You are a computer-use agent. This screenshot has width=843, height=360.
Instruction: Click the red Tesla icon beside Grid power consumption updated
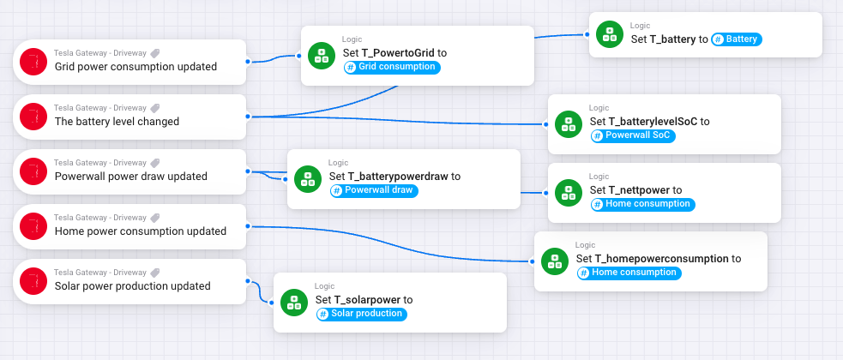click(33, 61)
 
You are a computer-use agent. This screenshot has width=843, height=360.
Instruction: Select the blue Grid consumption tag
click(392, 67)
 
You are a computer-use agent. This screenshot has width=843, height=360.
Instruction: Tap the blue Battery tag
click(737, 39)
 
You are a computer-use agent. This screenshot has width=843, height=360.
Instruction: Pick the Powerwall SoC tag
click(631, 135)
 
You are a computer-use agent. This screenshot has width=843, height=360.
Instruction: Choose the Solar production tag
click(361, 314)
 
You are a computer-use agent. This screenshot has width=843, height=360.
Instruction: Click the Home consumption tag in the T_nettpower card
click(642, 204)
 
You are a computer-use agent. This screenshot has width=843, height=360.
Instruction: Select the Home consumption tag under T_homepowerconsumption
click(629, 273)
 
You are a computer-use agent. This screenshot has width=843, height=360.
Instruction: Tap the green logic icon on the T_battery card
click(609, 33)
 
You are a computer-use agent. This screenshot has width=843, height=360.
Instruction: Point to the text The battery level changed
click(117, 122)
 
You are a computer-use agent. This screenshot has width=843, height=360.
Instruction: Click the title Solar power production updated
click(132, 286)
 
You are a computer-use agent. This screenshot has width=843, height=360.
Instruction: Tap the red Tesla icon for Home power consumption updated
click(33, 225)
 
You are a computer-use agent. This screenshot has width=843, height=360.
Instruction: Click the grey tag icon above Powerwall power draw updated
click(155, 163)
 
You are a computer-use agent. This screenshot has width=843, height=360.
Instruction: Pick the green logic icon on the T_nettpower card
click(568, 192)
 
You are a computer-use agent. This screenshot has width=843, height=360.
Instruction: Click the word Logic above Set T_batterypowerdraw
click(338, 163)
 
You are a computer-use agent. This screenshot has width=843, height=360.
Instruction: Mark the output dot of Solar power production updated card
click(247, 280)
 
